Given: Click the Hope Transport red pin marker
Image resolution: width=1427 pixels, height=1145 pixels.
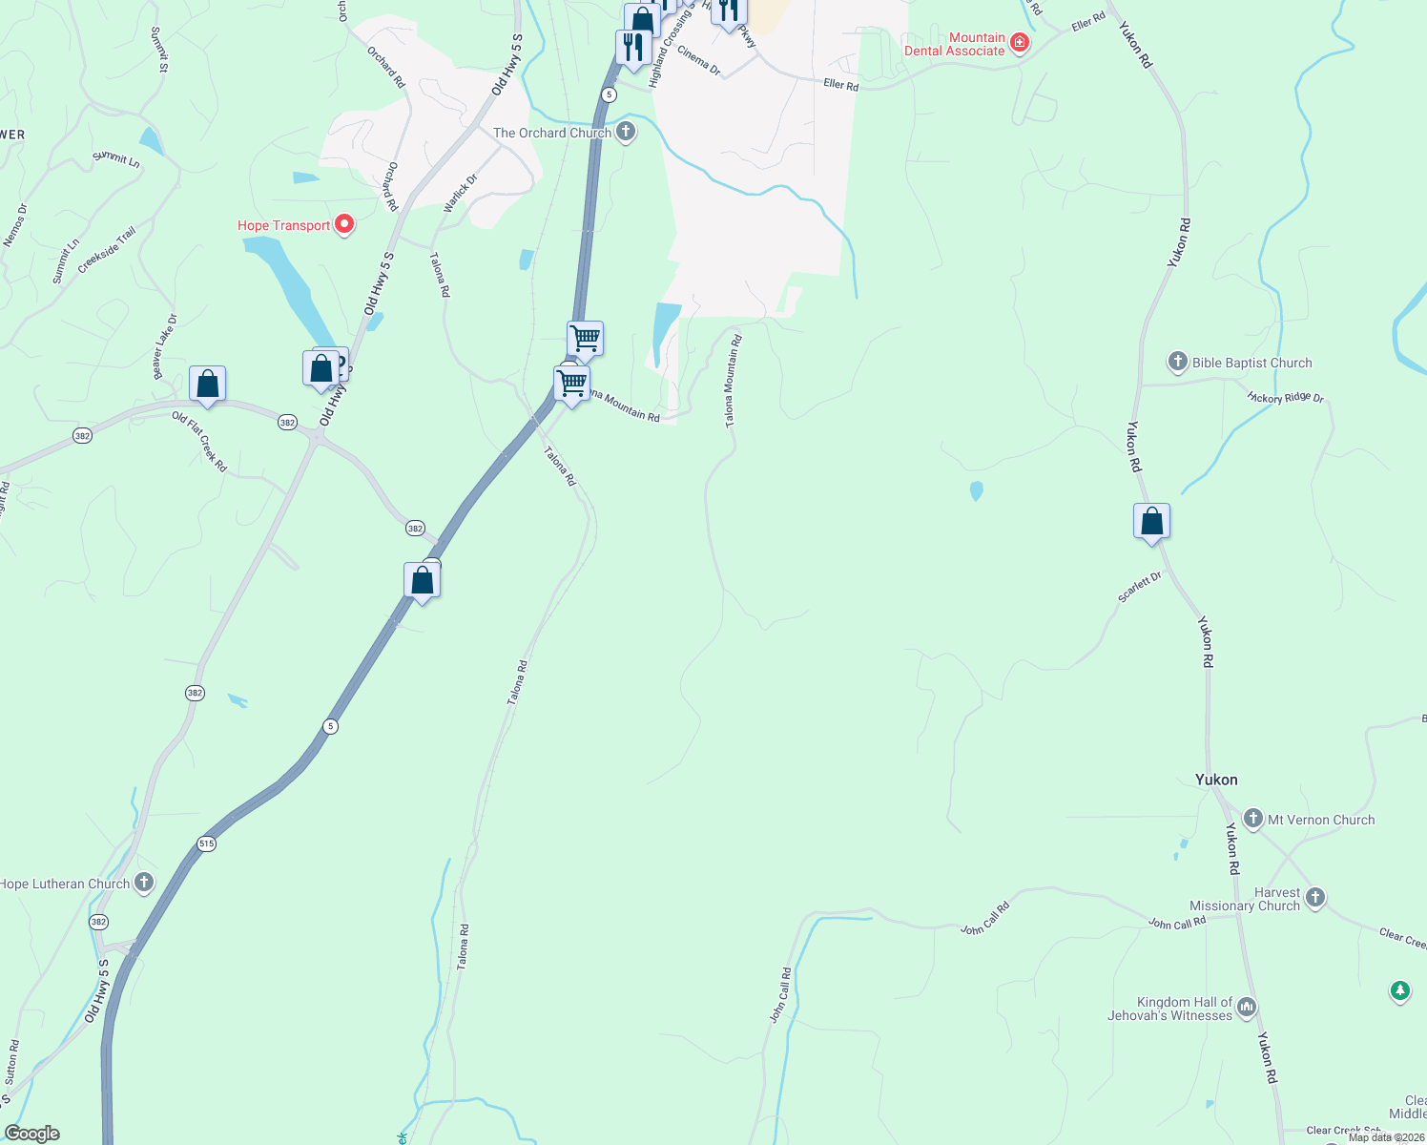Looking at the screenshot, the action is tap(345, 225).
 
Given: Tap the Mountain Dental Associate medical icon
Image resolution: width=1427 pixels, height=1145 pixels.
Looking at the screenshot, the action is tap(1020, 43).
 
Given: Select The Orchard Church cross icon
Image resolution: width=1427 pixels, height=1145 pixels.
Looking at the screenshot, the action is tap(626, 132).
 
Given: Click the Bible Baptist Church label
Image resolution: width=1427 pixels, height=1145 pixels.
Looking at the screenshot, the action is tap(1251, 363).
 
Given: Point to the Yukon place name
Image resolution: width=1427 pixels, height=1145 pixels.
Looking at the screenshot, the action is tap(1216, 780).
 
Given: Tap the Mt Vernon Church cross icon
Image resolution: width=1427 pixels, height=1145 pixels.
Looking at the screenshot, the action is tap(1253, 819).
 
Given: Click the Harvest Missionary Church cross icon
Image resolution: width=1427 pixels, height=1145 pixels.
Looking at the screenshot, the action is tap(1315, 897).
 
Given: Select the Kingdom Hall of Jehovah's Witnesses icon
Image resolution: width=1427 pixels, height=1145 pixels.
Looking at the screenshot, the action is tap(1247, 1008).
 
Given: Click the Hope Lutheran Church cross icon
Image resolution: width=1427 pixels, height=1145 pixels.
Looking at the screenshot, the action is tap(144, 883).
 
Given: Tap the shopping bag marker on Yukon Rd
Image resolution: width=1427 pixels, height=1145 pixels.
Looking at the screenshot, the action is tap(1151, 522).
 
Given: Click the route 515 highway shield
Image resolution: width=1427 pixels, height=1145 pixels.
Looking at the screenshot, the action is tap(207, 843).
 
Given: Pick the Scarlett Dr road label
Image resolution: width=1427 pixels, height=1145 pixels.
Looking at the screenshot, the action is tap(1140, 587).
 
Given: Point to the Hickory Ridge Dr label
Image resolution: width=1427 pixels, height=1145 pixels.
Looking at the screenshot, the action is tap(1285, 397).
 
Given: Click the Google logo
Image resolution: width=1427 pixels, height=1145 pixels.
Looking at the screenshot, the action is tap(32, 1134).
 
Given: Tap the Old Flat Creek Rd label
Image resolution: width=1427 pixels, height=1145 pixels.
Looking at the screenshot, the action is tap(199, 441).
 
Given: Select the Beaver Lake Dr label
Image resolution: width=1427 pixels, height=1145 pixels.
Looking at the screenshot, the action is tap(165, 346).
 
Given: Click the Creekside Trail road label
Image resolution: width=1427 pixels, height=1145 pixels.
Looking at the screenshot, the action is tap(107, 250).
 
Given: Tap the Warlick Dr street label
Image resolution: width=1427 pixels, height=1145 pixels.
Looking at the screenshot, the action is tap(460, 193).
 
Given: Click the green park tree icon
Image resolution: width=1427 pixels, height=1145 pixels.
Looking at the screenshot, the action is tap(1399, 991).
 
